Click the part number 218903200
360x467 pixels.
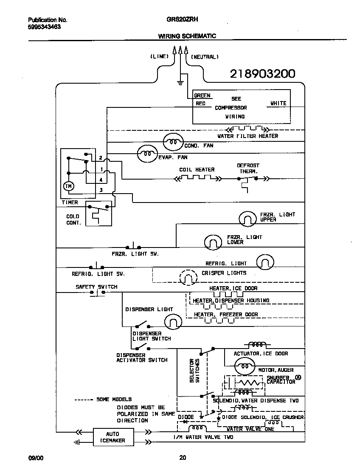[x=262, y=74]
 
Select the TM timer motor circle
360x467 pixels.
[x=68, y=186]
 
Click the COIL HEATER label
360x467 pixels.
[x=197, y=169]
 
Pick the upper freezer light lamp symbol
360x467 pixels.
[x=247, y=219]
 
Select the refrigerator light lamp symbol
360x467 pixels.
[x=265, y=262]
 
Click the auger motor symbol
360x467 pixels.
[x=245, y=366]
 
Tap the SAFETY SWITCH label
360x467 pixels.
[x=96, y=287]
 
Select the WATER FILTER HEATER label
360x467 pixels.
[x=247, y=136]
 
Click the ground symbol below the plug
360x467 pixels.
[x=180, y=82]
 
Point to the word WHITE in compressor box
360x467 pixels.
[x=278, y=103]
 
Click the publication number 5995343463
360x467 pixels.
[x=44, y=26]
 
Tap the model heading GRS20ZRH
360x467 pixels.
[x=180, y=20]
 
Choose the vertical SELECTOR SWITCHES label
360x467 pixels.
[x=194, y=370]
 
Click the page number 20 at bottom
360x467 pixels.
[x=182, y=458]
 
